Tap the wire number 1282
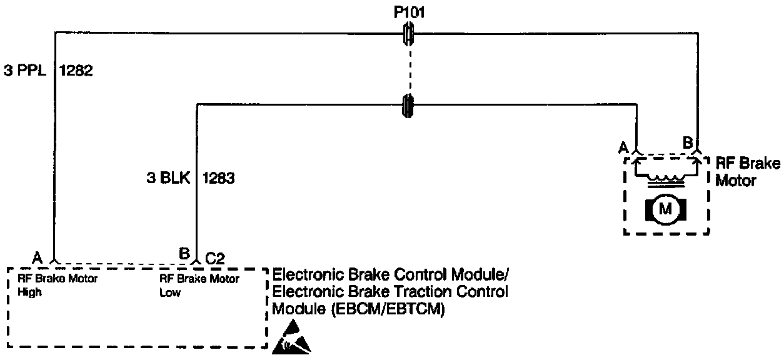(x=76, y=71)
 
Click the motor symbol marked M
(x=666, y=209)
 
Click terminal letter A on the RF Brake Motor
(x=623, y=147)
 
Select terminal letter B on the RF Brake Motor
(x=687, y=142)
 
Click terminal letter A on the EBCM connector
(x=38, y=257)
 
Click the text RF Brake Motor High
(x=58, y=285)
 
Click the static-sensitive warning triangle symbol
(x=291, y=337)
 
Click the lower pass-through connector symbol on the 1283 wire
(x=408, y=104)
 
